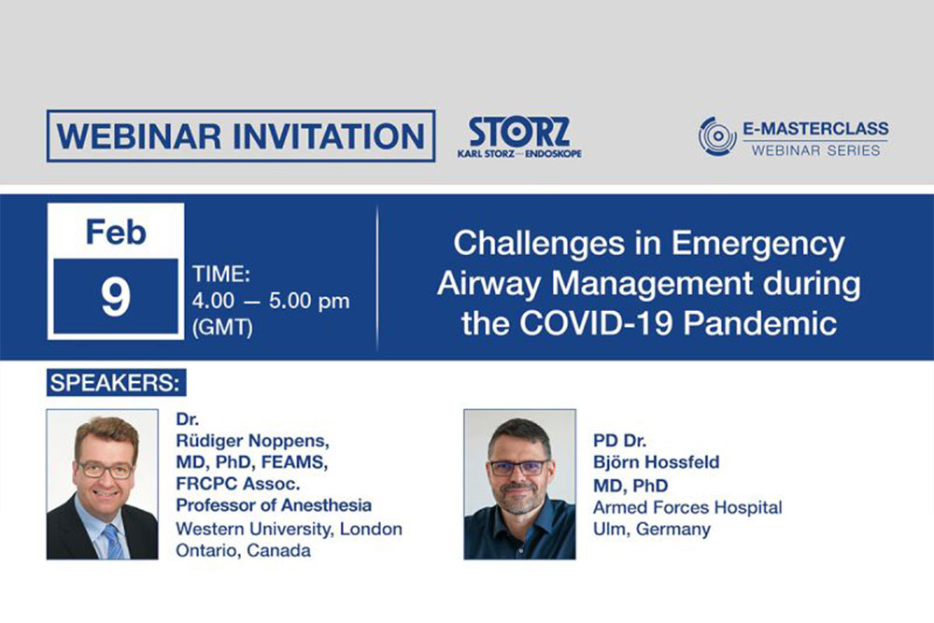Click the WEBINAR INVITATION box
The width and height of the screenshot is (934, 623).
tap(240, 136)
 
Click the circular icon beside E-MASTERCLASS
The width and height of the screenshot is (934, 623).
tap(717, 136)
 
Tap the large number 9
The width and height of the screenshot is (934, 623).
tap(117, 296)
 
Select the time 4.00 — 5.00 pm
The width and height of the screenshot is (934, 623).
tap(270, 301)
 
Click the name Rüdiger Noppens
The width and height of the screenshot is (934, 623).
tap(253, 441)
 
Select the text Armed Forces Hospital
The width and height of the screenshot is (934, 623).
tap(687, 508)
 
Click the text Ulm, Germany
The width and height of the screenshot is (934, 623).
tap(652, 529)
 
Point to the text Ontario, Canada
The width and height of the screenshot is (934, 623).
tap(244, 550)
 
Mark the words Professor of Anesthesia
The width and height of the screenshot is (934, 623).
tap(274, 505)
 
